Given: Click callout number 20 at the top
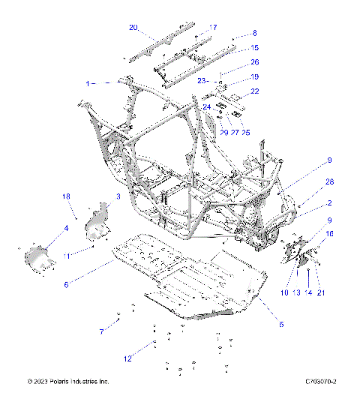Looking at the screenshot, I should click(x=133, y=28).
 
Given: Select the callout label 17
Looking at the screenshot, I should click(x=213, y=28).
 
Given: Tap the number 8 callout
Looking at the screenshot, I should click(x=254, y=33).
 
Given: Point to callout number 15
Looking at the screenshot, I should click(x=254, y=48).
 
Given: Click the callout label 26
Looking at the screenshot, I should click(x=254, y=62).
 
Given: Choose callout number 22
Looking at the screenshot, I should click(x=255, y=91).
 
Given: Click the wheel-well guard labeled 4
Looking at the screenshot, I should click(x=39, y=260).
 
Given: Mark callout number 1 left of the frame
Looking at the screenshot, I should click(x=88, y=84).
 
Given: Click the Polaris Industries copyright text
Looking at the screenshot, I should click(x=68, y=382).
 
